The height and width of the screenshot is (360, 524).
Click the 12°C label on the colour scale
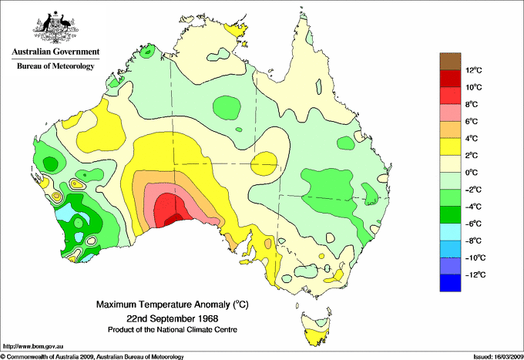(474, 71)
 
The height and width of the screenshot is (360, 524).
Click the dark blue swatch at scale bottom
(449, 284)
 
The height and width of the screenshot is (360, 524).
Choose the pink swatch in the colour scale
(449, 113)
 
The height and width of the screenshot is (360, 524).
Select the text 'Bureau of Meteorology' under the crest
(55, 66)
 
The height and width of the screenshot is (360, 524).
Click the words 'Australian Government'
(55, 52)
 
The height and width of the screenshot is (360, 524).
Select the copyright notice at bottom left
(92, 356)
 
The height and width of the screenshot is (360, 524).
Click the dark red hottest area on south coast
(173, 218)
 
